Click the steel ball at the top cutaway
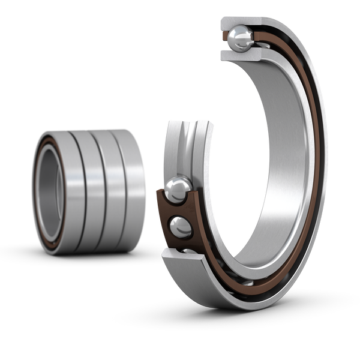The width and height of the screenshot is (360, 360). point(242,37)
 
